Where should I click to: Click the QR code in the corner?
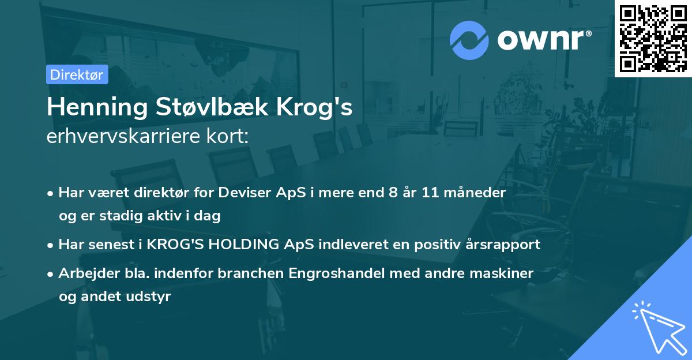click(x=653, y=38)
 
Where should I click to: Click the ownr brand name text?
click(x=544, y=40)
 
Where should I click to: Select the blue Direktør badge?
click(x=76, y=74)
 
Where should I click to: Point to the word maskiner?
click(x=508, y=272)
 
